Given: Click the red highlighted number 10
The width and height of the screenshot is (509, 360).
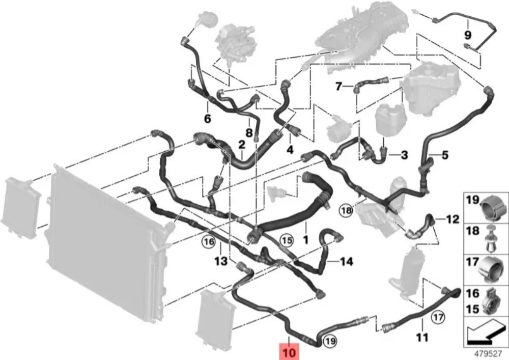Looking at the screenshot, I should pyautogui.click(x=289, y=351).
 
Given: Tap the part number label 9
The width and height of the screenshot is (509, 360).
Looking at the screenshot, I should pyautogui.click(x=467, y=35).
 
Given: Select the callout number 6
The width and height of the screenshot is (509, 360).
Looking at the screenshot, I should pyautogui.click(x=207, y=119).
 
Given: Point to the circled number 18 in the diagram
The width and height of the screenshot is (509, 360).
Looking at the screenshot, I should pyautogui.click(x=346, y=209).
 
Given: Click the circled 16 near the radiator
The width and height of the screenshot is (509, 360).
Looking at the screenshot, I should pyautogui.click(x=208, y=242).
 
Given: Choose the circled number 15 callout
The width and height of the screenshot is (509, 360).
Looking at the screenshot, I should pyautogui.click(x=287, y=239).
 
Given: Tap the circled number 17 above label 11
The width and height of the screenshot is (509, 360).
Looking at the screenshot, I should pyautogui.click(x=438, y=317).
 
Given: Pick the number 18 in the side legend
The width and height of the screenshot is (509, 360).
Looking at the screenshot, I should pyautogui.click(x=472, y=231).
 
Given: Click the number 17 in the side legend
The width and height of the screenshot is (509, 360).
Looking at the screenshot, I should pyautogui.click(x=472, y=263).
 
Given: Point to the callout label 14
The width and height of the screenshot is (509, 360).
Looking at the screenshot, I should pyautogui.click(x=346, y=262).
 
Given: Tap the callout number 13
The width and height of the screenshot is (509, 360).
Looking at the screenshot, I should pyautogui.click(x=220, y=262).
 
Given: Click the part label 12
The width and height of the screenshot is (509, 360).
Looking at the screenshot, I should pyautogui.click(x=453, y=219).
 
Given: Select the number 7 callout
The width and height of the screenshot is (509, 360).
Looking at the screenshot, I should pyautogui.click(x=338, y=86).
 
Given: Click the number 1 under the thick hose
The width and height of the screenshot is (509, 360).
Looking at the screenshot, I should pyautogui.click(x=306, y=238).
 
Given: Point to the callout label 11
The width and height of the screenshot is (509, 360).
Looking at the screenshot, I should pyautogui.click(x=422, y=337).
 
